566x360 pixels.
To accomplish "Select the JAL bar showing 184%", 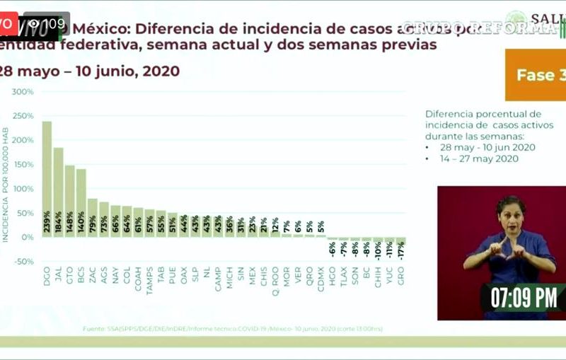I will (58, 192).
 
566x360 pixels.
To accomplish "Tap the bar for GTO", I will (69, 201).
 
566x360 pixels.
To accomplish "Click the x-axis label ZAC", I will (93, 271).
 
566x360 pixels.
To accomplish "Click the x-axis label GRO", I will (400, 271).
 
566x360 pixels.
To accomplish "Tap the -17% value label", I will (401, 249).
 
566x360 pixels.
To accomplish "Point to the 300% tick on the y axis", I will (23, 92).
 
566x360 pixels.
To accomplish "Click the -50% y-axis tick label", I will (23, 262).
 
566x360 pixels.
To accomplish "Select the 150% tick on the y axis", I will (23, 165).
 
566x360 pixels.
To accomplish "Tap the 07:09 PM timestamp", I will (524, 298).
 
